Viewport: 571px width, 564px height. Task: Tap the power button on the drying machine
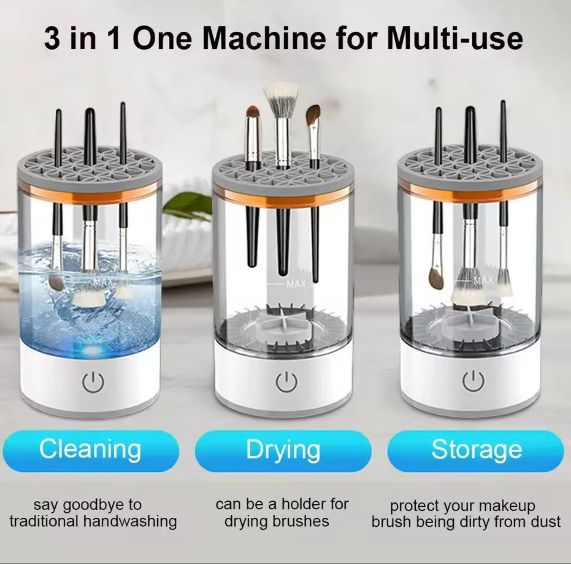(286, 382)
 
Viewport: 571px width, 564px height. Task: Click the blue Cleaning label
(90, 451)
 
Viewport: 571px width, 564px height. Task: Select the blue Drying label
(283, 451)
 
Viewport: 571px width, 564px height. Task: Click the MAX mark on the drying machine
(296, 284)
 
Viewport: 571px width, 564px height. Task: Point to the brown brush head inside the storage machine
(436, 278)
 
